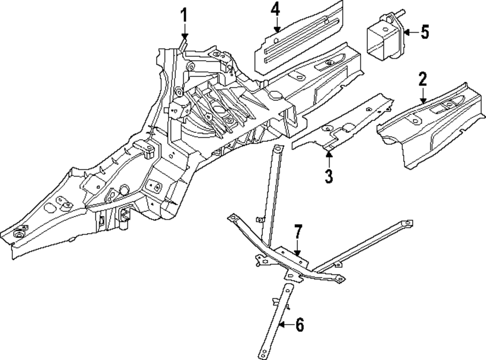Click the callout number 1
[184, 15]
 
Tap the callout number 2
[422, 79]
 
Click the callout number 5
[424, 33]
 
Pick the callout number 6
[299, 325]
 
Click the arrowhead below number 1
[184, 36]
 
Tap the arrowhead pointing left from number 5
[406, 33]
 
